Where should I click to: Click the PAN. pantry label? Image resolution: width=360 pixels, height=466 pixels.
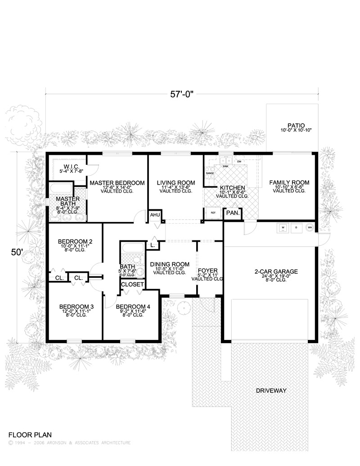pyautogui.click(x=232, y=213)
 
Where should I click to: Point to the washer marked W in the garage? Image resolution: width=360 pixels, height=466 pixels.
pyautogui.click(x=283, y=228)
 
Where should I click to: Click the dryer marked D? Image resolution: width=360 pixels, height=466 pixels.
pyautogui.click(x=297, y=228)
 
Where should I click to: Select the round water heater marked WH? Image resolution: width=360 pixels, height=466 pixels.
pyautogui.click(x=309, y=228)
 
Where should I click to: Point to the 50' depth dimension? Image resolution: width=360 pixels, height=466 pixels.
pyautogui.click(x=17, y=253)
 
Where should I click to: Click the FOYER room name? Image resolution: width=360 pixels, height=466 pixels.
pyautogui.click(x=207, y=271)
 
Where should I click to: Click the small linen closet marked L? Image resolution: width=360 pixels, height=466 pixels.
pyautogui.click(x=153, y=245)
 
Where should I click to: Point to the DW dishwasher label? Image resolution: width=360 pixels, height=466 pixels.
pyautogui.click(x=239, y=161)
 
